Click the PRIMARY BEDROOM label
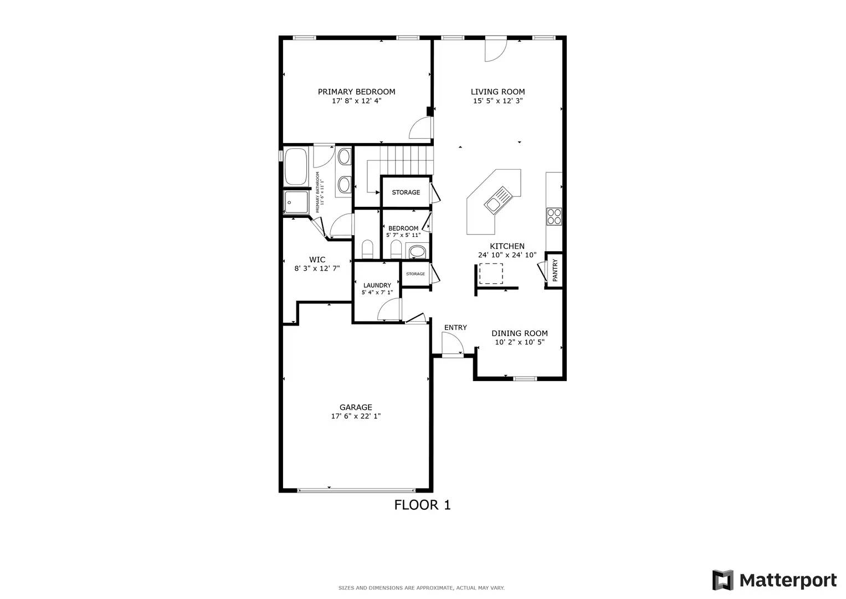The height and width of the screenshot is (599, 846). pyautogui.click(x=356, y=92)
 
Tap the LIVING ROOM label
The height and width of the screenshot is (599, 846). pyautogui.click(x=498, y=92)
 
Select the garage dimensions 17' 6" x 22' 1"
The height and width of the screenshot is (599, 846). pyautogui.click(x=356, y=416)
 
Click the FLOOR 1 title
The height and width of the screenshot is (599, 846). pyautogui.click(x=422, y=505)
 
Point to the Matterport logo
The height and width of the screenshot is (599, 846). pyautogui.click(x=774, y=580)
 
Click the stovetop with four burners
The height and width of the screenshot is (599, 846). pyautogui.click(x=554, y=217)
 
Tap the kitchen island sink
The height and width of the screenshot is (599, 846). pyautogui.click(x=498, y=200)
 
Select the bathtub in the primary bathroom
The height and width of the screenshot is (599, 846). pyautogui.click(x=296, y=166)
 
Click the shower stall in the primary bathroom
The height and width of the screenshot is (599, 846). pyautogui.click(x=296, y=202)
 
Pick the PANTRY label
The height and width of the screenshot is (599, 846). pyautogui.click(x=555, y=270)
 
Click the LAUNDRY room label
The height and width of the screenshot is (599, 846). pyautogui.click(x=377, y=285)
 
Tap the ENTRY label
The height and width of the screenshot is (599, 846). pyautogui.click(x=455, y=327)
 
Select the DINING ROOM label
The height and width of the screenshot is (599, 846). pyautogui.click(x=519, y=333)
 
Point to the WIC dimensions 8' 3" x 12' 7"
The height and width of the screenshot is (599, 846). pyautogui.click(x=317, y=268)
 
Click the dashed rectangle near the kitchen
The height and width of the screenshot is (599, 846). pyautogui.click(x=491, y=274)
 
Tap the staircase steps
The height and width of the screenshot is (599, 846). pyautogui.click(x=406, y=160)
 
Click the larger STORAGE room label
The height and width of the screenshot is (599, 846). pyautogui.click(x=406, y=192)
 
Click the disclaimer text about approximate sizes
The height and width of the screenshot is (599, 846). pyautogui.click(x=421, y=588)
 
